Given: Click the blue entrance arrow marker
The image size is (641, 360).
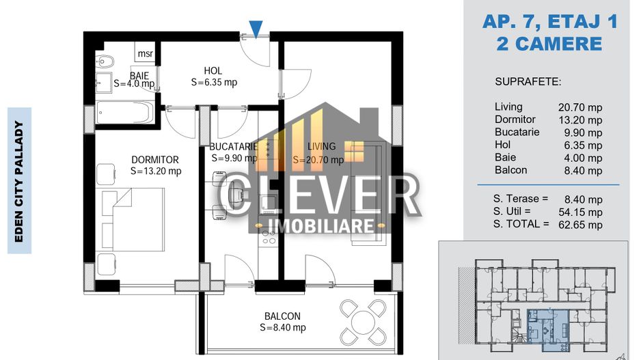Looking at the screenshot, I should click(x=255, y=29).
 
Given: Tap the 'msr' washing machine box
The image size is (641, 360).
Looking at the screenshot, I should click(x=145, y=54).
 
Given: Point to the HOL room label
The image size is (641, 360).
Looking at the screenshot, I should click(x=213, y=70).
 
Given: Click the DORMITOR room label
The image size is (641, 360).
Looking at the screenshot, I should click(x=155, y=160).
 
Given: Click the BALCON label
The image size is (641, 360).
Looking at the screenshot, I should click(x=282, y=316).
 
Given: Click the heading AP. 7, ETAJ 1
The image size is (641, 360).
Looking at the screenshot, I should click(x=549, y=22).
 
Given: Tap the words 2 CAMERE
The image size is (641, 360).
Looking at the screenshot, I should click(x=549, y=44).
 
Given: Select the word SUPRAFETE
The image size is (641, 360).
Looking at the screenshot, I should click(x=528, y=82).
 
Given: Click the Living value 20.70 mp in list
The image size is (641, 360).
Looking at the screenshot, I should click(x=580, y=107).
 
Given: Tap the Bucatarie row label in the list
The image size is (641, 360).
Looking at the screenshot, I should click(x=517, y=133).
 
